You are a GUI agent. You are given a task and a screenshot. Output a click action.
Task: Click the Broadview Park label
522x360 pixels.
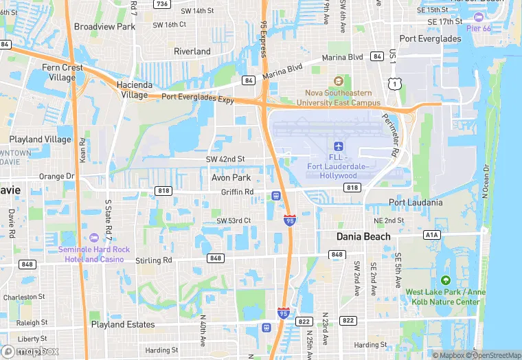(104, 27)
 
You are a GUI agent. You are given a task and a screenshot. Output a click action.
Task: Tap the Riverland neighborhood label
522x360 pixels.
(192, 52)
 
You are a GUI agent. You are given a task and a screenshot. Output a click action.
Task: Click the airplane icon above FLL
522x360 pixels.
(337, 146)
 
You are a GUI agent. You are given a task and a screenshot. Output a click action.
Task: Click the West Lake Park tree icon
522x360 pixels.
(445, 280)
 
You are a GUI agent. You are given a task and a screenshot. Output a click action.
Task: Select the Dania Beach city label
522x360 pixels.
(363, 236)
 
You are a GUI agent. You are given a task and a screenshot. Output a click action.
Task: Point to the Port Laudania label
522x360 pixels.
(416, 203)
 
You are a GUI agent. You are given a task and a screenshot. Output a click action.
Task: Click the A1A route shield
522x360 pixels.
(431, 234)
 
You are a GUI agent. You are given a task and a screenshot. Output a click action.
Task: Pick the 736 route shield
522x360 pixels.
(162, 4)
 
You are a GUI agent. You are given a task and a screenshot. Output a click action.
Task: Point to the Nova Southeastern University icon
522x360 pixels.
(337, 82)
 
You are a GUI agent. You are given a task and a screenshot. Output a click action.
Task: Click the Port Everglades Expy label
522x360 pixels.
(198, 98)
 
